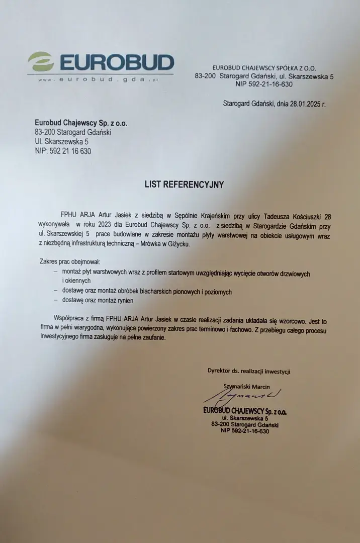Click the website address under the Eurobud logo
pos(99,79)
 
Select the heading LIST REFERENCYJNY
pos(184,185)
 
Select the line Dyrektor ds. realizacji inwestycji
pos(249,371)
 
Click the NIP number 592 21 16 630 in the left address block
pos(63,151)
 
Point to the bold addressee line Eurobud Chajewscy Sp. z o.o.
pos(81,123)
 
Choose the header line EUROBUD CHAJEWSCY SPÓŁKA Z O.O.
pos(264,68)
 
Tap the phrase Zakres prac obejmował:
pos(70,261)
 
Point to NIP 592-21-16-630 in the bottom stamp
pos(244,431)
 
